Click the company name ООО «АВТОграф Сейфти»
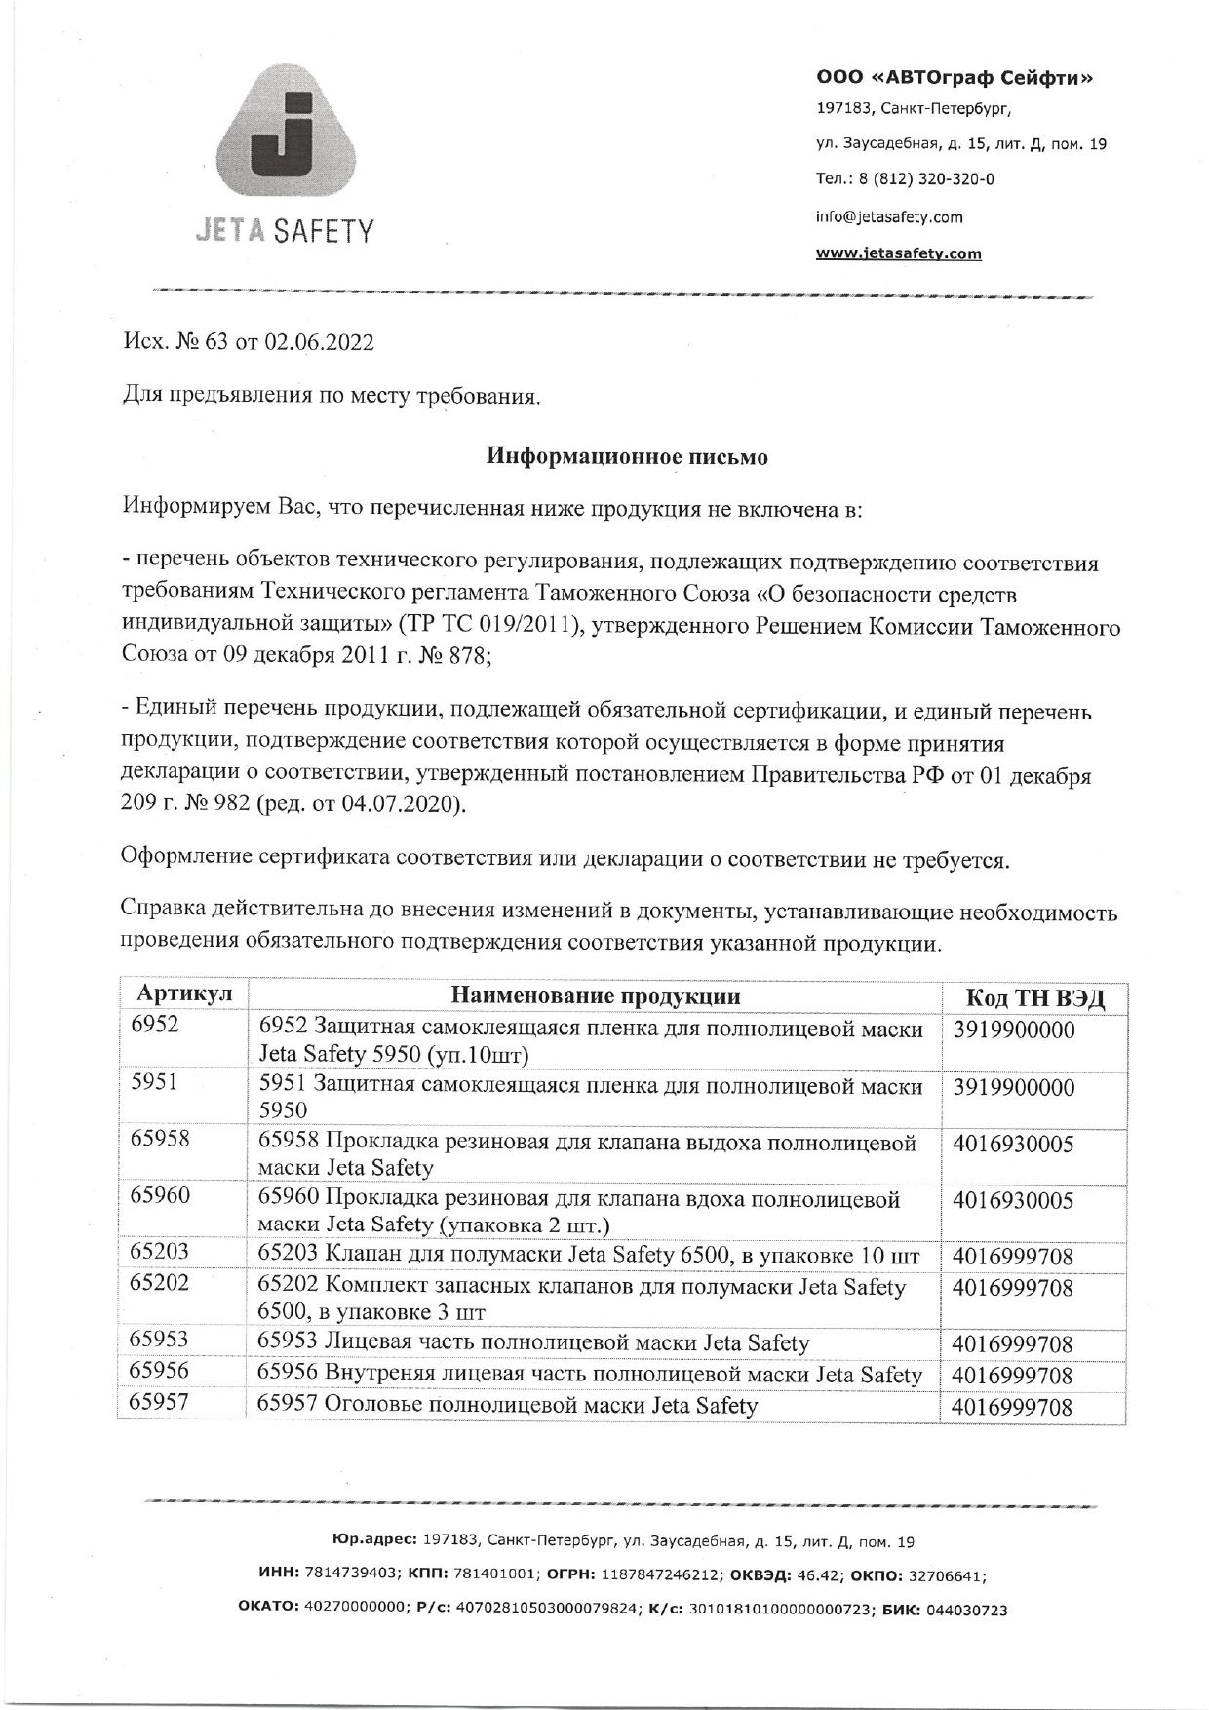point(954,77)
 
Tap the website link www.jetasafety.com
point(898,253)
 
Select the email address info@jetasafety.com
point(888,216)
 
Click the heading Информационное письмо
point(628,456)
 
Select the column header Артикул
point(184,993)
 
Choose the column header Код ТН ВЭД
point(1033,997)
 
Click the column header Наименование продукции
point(595,995)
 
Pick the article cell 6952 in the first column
point(155,1024)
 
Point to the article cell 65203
point(160,1251)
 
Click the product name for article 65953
point(533,1342)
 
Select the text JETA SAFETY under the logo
point(285,230)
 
